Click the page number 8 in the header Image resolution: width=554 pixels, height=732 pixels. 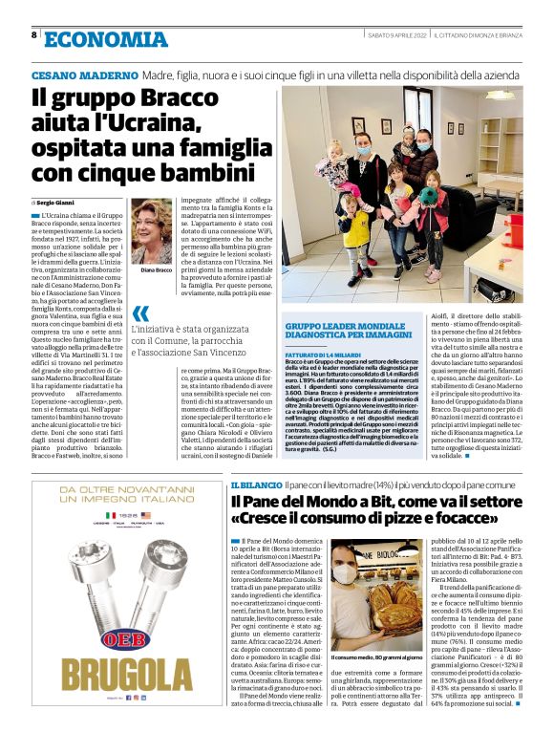(x=34, y=34)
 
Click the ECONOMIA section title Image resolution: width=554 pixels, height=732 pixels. (x=105, y=38)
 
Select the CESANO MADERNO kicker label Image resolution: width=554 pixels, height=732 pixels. (x=84, y=75)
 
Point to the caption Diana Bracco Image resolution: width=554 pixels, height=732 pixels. (x=151, y=270)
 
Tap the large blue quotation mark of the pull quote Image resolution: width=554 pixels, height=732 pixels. (x=140, y=314)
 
